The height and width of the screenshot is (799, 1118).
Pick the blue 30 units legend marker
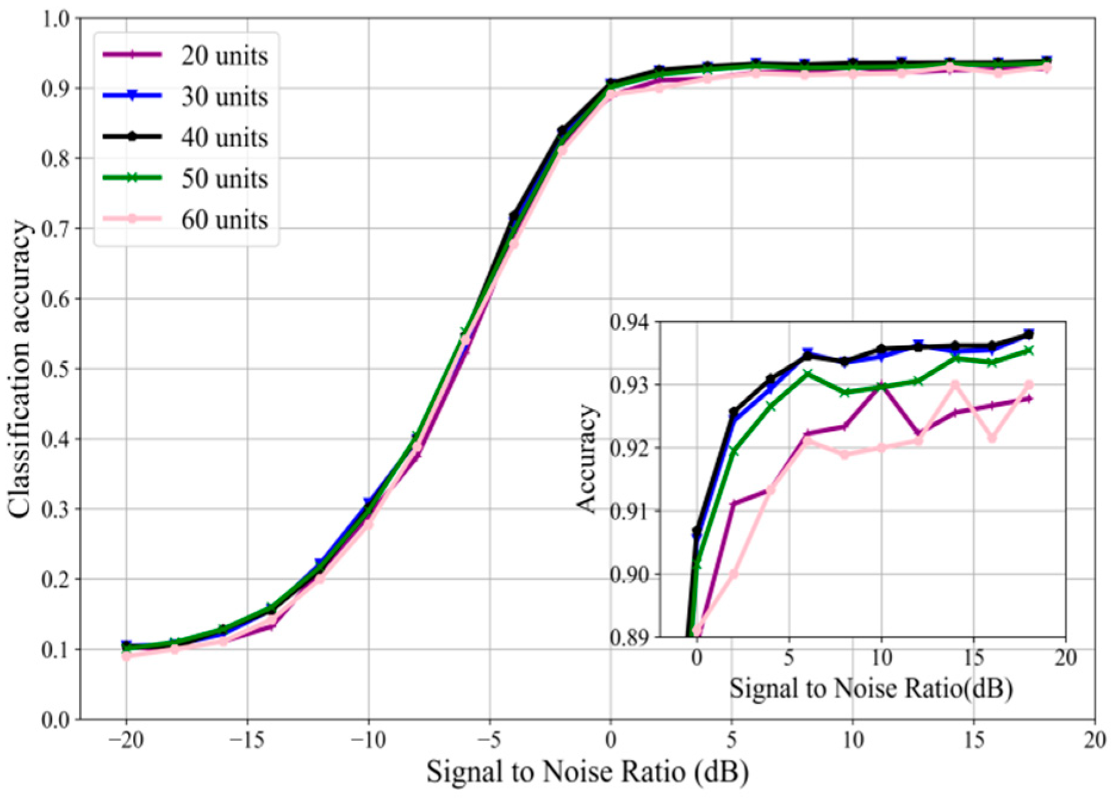pos(132,96)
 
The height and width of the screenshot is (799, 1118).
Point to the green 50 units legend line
pos(132,178)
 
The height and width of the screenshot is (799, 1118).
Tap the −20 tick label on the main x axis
pos(126,740)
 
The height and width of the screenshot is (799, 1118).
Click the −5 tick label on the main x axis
pos(490,740)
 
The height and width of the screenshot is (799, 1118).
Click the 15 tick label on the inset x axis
pos(973,658)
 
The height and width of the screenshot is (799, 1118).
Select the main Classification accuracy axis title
pos(20,369)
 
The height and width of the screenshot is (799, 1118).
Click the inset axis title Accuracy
pos(587,458)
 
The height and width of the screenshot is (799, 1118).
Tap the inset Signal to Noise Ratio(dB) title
pos(871,689)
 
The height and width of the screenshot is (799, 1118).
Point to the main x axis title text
pos(587,773)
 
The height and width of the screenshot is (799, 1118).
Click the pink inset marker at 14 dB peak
pos(955,385)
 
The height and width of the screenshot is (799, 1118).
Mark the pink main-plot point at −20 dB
pos(126,656)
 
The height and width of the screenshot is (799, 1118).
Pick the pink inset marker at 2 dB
pos(734,574)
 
